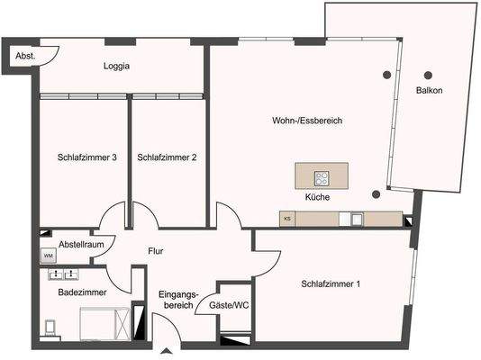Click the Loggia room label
(116, 66)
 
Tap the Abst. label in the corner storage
(25, 56)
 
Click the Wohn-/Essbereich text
(307, 121)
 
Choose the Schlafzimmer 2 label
(167, 157)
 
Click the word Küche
(317, 197)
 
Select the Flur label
(155, 252)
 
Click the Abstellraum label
(81, 244)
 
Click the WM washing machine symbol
(47, 256)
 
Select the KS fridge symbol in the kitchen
(287, 219)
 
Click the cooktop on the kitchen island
(321, 177)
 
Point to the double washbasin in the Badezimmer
(63, 273)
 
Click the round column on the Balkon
(428, 75)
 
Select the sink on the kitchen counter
(357, 219)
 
